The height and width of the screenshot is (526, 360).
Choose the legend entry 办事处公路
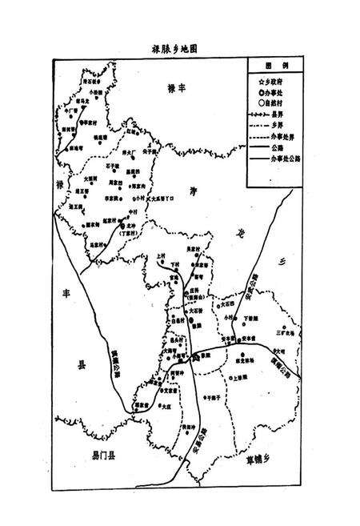(279, 158)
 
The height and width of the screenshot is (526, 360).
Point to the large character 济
(192, 191)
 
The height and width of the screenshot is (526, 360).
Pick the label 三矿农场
(286, 331)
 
